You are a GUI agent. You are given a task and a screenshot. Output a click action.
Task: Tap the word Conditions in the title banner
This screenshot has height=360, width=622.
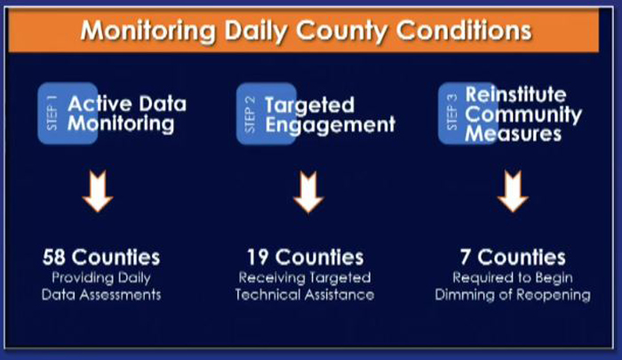pos(464,30)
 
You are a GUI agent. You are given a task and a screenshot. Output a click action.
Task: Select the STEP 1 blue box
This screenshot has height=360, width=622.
pos(68,113)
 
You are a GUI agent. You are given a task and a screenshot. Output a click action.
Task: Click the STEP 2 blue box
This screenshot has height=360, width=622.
pos(267,114)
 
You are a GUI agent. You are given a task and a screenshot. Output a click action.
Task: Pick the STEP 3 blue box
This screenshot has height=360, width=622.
pos(468,114)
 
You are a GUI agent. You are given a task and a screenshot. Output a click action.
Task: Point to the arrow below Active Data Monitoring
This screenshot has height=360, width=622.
pos(98,191)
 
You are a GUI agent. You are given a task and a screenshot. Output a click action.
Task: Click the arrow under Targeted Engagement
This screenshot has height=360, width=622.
pos(308,192)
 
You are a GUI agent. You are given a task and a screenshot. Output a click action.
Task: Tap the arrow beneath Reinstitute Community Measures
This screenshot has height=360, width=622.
pos(513,191)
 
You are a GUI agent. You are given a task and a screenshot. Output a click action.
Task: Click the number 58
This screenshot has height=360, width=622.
pos(53,257)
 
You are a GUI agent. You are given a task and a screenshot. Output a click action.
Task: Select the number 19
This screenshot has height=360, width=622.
pos(258,257)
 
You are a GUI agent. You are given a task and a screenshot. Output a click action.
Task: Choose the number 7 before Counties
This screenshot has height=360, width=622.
pos(466,257)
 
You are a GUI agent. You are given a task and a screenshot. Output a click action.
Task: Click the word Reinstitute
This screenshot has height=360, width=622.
pos(515,94)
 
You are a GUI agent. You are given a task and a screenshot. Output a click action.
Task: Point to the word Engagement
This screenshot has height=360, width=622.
pos(330,125)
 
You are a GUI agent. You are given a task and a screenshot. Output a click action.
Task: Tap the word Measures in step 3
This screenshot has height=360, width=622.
pos(514,133)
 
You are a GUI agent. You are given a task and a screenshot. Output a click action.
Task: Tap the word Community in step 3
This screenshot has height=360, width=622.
pos(523,115)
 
